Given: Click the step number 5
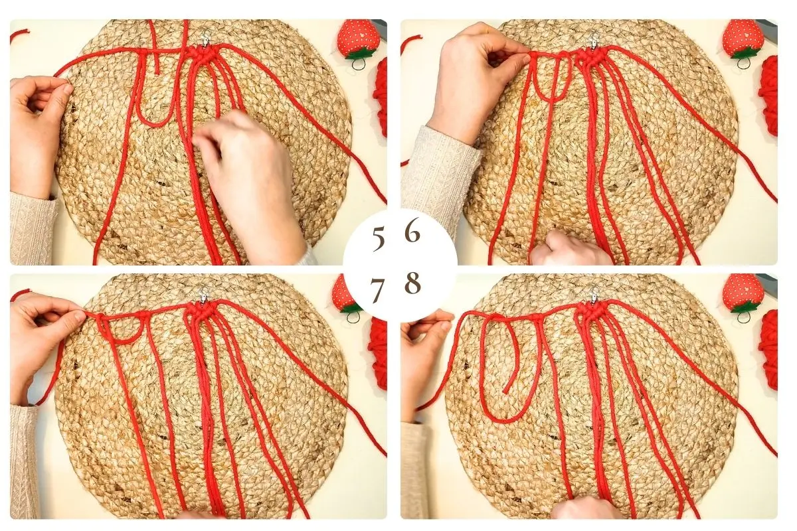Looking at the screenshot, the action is pos(378,239).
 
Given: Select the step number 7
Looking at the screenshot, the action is pos(377,290).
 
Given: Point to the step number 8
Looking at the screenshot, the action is pos(412,283).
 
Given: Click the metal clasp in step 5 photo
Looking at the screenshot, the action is pos(205,39).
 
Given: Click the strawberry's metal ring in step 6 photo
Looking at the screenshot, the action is pos(742,63).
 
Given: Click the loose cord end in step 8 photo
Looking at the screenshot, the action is pos(505,391).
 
